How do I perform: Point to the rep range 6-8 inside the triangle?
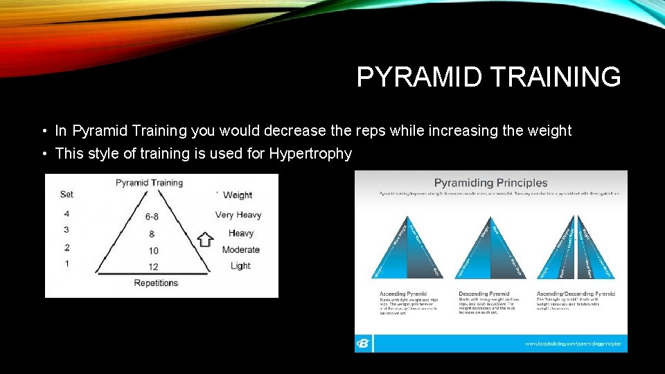tap(152, 216)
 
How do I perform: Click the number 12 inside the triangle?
tap(152, 267)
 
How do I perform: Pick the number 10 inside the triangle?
tap(152, 250)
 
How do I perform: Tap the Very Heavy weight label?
tap(238, 215)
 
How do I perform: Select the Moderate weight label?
tap(240, 249)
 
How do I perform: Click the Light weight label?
tap(240, 266)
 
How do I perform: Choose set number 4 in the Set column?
tap(66, 213)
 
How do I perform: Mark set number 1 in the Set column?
tap(66, 264)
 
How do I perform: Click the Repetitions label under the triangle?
tap(156, 283)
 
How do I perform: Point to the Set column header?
tap(66, 195)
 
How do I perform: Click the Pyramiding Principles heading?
tap(490, 183)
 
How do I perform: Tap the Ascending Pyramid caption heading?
tap(404, 294)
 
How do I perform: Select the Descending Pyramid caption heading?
tap(484, 294)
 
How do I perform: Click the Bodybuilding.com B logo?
tap(363, 344)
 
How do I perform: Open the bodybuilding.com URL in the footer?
tap(573, 344)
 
